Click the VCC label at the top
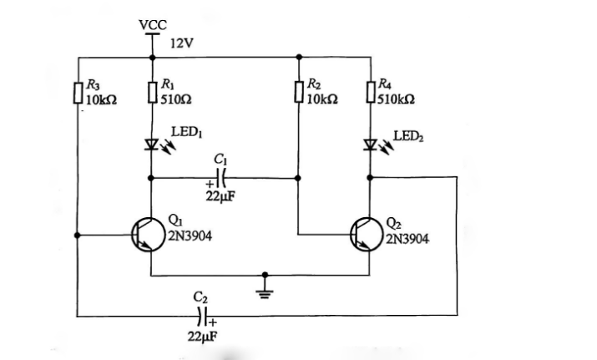(x=152, y=24)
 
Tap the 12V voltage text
(x=181, y=43)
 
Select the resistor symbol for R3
(x=77, y=90)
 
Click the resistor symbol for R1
(x=152, y=90)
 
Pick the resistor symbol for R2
(x=299, y=90)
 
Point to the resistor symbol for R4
(x=371, y=90)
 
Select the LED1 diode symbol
(x=152, y=144)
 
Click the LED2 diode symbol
(x=371, y=144)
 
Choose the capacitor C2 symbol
(x=200, y=316)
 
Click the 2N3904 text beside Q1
(x=190, y=236)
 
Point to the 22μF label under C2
(x=202, y=336)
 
